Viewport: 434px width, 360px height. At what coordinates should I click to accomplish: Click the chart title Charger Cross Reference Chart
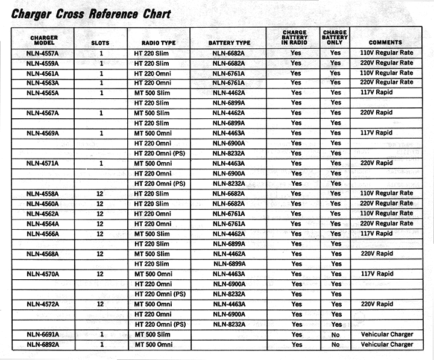point(91,13)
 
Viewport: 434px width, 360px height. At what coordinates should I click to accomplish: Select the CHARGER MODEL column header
point(44,40)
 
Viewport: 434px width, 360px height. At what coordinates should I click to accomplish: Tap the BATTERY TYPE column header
point(229,43)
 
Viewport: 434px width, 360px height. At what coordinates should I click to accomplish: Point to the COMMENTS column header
point(386,42)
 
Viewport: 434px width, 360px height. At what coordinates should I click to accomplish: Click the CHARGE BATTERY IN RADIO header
point(295,37)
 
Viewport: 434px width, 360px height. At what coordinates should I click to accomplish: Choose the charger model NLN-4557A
point(42,52)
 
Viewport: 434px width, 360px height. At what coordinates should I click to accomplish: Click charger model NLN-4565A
point(42,93)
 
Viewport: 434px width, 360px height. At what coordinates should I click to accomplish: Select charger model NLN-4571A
point(42,163)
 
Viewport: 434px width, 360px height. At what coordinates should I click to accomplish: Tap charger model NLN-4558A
point(42,194)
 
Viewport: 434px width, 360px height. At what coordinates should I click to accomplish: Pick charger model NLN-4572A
point(42,305)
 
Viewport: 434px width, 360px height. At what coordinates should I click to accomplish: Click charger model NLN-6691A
point(42,335)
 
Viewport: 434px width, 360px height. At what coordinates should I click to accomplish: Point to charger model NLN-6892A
point(42,345)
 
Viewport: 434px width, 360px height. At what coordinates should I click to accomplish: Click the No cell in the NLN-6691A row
point(335,335)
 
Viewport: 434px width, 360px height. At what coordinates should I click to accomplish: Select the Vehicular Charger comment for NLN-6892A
point(387,345)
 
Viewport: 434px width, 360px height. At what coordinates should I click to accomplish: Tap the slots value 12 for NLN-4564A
point(101,224)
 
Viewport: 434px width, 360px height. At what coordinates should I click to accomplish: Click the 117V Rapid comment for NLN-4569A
point(376,133)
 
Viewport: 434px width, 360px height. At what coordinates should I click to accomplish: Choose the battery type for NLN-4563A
point(229,83)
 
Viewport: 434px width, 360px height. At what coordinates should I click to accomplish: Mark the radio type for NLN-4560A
point(152,204)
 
